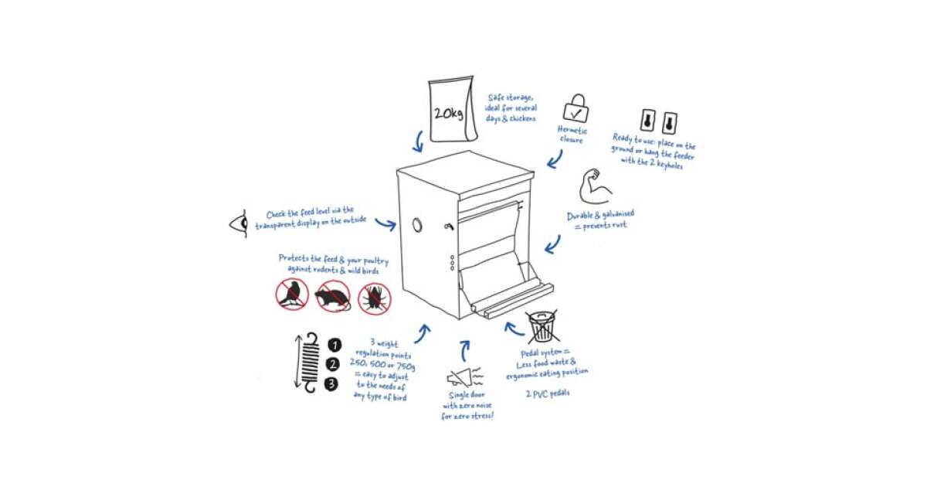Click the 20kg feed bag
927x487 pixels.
click(x=452, y=109)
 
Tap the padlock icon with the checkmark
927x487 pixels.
click(x=576, y=108)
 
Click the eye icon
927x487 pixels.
click(x=239, y=223)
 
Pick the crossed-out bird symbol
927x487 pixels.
click(x=292, y=295)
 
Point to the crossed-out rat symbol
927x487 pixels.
click(x=333, y=295)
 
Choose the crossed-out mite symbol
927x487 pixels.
click(x=374, y=298)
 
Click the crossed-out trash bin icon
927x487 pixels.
click(x=542, y=326)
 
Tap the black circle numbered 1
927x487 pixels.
click(x=334, y=345)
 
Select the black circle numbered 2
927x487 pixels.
click(x=332, y=364)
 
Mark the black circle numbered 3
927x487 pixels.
click(x=331, y=384)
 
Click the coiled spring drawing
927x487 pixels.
click(x=310, y=363)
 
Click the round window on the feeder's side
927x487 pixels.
click(x=418, y=225)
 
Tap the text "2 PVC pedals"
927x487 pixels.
click(x=548, y=393)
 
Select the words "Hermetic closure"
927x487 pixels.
click(x=572, y=135)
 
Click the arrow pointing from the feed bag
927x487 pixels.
click(x=419, y=142)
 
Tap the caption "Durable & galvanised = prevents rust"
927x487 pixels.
click(x=600, y=220)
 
